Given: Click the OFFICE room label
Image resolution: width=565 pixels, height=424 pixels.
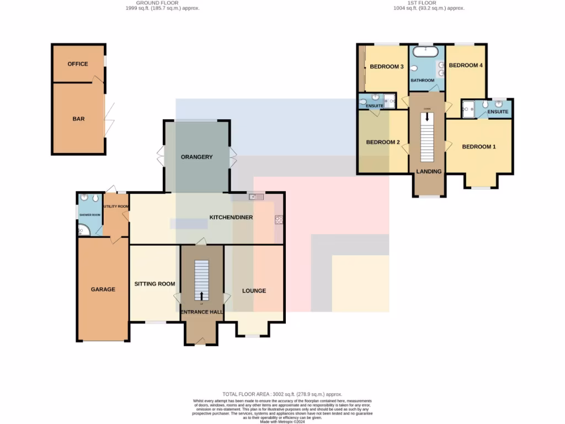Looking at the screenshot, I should (x=78, y=64).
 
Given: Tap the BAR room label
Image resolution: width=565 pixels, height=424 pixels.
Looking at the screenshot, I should (x=78, y=119).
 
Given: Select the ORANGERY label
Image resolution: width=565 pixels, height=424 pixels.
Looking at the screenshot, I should (x=196, y=157).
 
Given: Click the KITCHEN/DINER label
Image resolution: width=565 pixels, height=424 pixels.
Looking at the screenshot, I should (x=231, y=218).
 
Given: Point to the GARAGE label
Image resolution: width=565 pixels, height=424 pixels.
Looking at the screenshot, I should (x=103, y=289).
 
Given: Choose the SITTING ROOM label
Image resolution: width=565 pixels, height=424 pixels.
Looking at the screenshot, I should (x=154, y=284).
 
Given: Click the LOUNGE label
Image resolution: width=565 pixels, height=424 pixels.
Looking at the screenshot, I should (x=254, y=291).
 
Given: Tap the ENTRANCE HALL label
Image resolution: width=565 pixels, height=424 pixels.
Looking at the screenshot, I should (x=202, y=312).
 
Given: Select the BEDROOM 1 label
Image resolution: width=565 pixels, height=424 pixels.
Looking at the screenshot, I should (x=479, y=147).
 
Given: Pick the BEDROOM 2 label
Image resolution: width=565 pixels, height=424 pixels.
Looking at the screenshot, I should (x=383, y=142).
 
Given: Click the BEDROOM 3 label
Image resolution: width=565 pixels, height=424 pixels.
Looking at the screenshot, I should (x=387, y=67).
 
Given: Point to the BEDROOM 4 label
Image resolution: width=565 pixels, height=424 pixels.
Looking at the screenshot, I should (x=466, y=65).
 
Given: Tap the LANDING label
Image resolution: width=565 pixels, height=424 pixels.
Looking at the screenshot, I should (x=429, y=172).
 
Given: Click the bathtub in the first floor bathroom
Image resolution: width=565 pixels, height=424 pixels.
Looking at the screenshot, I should (x=426, y=52).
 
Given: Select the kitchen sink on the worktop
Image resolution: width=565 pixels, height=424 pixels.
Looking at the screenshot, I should (x=257, y=197).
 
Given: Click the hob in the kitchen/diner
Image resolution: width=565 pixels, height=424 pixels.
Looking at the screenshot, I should (x=279, y=220).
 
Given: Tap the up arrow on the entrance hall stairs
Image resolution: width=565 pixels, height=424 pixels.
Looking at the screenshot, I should (x=201, y=295).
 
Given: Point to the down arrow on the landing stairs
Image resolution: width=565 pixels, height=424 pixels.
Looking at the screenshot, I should (x=427, y=116).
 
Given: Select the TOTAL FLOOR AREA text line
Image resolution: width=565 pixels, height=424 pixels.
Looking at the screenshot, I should (x=282, y=394).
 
